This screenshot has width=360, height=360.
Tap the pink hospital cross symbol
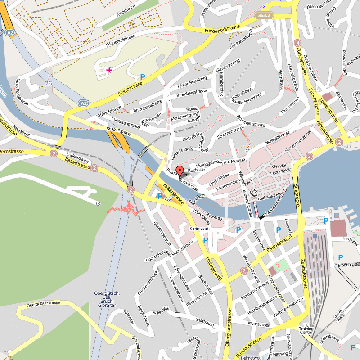point(109,70)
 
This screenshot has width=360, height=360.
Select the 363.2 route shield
point(264,15)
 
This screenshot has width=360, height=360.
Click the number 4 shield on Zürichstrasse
point(297,43)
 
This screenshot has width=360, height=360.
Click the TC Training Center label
point(306,329)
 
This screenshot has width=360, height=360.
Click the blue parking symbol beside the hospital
point(143,77)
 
